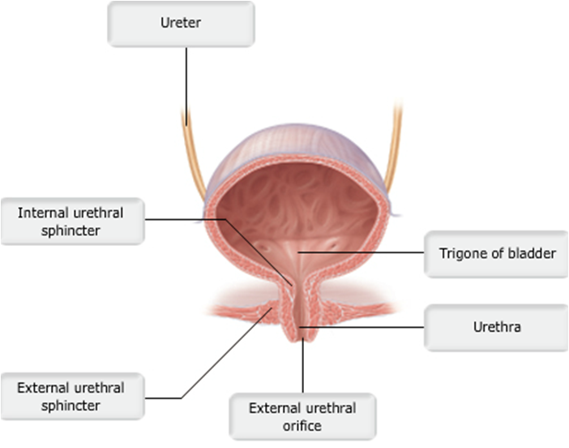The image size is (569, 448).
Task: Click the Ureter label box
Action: (x=181, y=24)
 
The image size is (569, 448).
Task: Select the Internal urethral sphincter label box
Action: (x=72, y=221)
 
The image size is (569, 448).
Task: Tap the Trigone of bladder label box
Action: (x=498, y=254)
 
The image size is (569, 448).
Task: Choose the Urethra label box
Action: (x=496, y=328)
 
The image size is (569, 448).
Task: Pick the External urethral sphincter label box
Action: (x=71, y=397)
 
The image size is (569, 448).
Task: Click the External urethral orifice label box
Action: (x=302, y=416)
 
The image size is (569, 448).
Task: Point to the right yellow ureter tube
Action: (x=396, y=154)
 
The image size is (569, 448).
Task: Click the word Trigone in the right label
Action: (x=461, y=254)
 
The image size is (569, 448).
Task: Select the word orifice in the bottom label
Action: (x=302, y=425)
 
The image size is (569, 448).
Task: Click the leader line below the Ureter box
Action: (x=186, y=81)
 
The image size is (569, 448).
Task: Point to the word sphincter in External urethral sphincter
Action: (x=71, y=406)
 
